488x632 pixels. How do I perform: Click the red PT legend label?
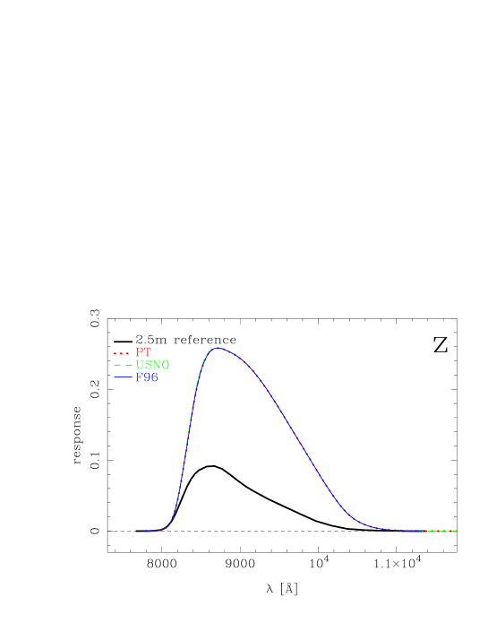pos(143,352)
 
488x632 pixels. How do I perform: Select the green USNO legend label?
pos(152,365)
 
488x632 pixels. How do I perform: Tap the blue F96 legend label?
pos(147,378)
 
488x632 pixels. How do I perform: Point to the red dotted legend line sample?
pos(122,352)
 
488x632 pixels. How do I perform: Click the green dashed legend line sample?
pos(122,366)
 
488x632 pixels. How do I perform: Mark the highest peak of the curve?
pos(217,348)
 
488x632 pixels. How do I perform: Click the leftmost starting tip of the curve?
pos(147,532)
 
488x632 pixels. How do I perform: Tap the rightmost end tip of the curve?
pos(458,532)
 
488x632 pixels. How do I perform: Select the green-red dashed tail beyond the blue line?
pos(441,532)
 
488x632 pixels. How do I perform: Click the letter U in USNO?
pos(140,365)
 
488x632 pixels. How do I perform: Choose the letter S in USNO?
pos(148,365)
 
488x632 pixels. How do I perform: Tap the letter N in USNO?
pos(156,365)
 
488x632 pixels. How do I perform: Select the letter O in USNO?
pos(165,365)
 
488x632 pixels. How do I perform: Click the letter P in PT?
pos(140,352)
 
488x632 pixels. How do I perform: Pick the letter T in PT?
pos(148,352)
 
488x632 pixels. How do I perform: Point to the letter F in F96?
pos(140,378)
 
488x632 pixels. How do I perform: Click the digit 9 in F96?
pos(147,378)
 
